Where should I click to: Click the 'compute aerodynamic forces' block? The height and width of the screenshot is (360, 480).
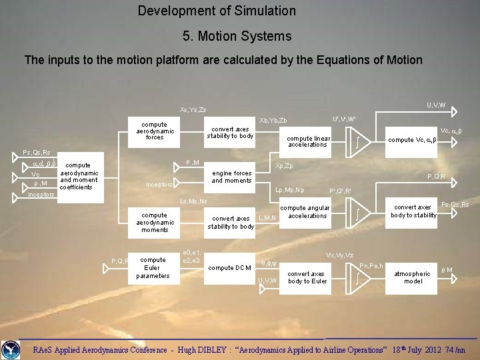(x=154, y=131)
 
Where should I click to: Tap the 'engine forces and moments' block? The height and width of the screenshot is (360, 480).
(x=231, y=177)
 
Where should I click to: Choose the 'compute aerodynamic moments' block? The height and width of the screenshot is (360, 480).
(x=154, y=222)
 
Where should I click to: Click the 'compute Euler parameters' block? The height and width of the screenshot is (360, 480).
(x=153, y=267)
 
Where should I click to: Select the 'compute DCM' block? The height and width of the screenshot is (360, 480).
(x=230, y=268)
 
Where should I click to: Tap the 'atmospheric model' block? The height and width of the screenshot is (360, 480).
(x=413, y=277)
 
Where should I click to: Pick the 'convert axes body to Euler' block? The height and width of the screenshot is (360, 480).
(x=307, y=277)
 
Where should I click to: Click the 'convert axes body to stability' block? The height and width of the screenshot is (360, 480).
(x=413, y=211)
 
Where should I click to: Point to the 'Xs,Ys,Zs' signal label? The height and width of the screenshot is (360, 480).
(x=193, y=109)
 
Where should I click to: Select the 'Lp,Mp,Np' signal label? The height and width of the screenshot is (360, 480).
(x=289, y=190)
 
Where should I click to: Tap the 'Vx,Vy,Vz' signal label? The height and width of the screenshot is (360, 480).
(x=339, y=255)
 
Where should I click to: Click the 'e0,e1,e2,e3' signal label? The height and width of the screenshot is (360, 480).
(x=192, y=256)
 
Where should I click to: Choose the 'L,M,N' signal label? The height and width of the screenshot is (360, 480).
(x=267, y=217)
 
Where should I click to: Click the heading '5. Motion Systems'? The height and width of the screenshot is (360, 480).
(x=237, y=36)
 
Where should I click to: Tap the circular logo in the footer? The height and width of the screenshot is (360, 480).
(x=11, y=349)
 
